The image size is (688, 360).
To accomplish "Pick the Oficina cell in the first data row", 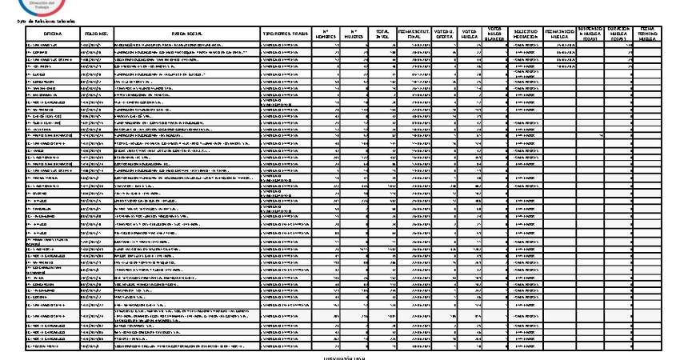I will click(53, 46).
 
